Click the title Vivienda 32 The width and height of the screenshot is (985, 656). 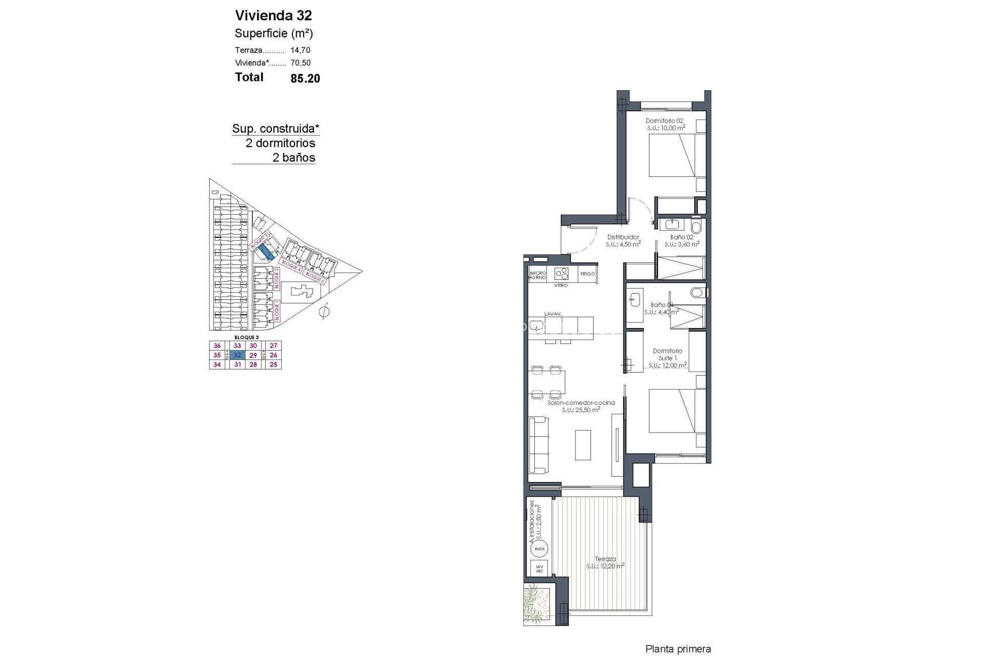(x=273, y=15)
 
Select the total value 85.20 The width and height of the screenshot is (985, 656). (x=305, y=78)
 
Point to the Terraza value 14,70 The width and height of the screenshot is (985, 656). (x=300, y=50)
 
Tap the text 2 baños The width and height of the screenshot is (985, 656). (x=293, y=157)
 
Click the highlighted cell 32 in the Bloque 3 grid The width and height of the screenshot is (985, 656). (x=237, y=355)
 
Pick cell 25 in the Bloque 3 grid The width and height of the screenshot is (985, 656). (x=273, y=364)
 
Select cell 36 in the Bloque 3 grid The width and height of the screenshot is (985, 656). (x=217, y=346)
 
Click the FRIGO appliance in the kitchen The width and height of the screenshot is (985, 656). (x=587, y=274)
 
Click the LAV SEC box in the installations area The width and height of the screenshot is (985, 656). (x=539, y=568)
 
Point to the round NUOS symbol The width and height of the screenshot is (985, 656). (x=539, y=548)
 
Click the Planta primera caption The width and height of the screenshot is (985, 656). (x=678, y=649)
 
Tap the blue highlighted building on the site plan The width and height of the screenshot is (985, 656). (x=266, y=251)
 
